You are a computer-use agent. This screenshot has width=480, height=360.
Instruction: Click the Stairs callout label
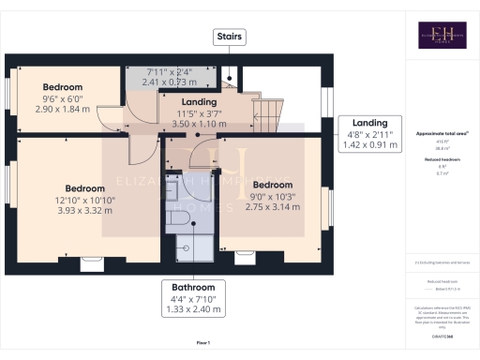click(230, 37)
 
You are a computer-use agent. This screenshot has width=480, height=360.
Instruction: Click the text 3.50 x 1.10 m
click(199, 124)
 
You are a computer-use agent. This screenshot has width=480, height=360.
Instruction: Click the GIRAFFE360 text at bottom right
click(441, 323)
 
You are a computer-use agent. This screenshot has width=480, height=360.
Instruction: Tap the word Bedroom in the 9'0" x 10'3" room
click(275, 184)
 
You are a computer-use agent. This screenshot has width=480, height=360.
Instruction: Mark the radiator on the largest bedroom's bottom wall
click(93, 262)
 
